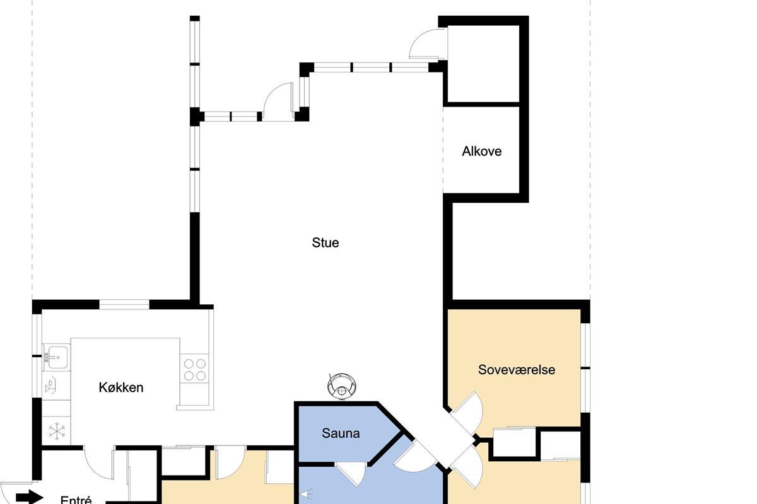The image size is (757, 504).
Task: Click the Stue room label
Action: (x=325, y=243)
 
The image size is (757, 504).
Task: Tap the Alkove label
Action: (x=481, y=151)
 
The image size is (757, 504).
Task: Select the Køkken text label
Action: (x=121, y=387)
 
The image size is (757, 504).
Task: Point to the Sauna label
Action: (x=340, y=433)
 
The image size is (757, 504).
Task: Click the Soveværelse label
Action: (x=517, y=370)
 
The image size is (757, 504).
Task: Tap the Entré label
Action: (x=76, y=499)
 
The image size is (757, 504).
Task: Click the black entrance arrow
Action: (x=30, y=497)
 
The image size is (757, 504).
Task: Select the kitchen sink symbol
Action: (x=56, y=357)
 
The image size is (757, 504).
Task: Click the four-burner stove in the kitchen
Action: (x=195, y=369)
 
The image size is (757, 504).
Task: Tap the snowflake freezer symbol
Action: (x=56, y=431)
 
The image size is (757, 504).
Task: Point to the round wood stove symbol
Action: (x=342, y=386)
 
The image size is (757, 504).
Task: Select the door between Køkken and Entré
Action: (x=99, y=462)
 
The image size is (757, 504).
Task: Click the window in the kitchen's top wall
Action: (x=124, y=304)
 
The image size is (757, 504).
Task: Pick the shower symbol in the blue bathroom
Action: (x=306, y=495)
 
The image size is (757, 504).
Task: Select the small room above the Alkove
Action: (x=483, y=64)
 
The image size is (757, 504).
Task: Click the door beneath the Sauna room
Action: (x=351, y=473)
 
